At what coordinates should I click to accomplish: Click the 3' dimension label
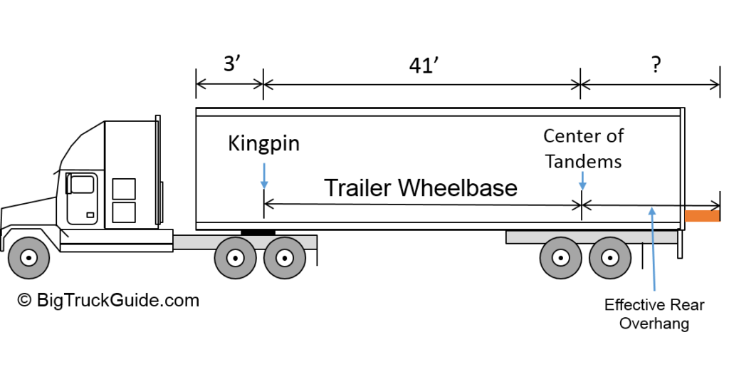click(x=229, y=64)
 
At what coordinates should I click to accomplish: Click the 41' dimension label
click(x=421, y=65)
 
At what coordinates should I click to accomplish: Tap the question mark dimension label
click(x=656, y=64)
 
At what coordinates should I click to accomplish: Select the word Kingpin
click(x=263, y=144)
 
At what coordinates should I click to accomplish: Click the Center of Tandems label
click(x=583, y=148)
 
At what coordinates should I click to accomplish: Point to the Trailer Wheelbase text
click(x=421, y=188)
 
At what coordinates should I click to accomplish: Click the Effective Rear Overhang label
click(x=654, y=314)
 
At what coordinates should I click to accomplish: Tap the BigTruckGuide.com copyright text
click(x=108, y=301)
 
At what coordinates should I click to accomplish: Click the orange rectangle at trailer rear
click(x=702, y=216)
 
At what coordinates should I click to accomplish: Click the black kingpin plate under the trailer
click(x=258, y=232)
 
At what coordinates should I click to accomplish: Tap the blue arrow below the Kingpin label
click(x=264, y=175)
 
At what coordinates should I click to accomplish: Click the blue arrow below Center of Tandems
click(x=582, y=180)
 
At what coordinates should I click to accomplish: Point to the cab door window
click(x=82, y=184)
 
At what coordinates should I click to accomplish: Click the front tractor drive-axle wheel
click(x=235, y=257)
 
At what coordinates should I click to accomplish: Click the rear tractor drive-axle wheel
click(x=284, y=257)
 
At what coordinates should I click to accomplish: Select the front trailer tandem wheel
click(x=561, y=257)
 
